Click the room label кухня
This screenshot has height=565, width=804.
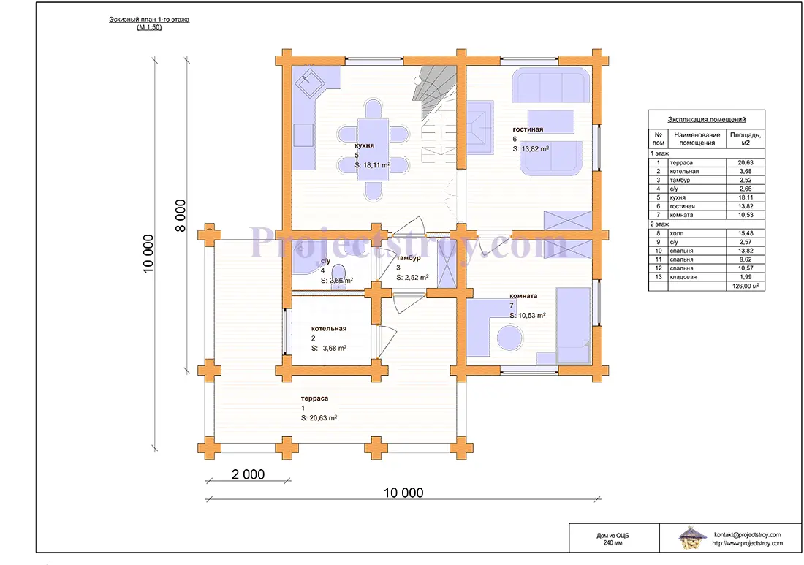point(364,145)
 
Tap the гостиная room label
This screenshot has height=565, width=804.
point(528,129)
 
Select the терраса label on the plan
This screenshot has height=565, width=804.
point(314,398)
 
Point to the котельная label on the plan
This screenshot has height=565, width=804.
point(329,329)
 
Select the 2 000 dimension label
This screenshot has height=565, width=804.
point(249,474)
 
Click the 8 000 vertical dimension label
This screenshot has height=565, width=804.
point(181,216)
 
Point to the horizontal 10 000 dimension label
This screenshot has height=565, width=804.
point(403,493)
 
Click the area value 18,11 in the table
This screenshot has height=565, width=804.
point(745,197)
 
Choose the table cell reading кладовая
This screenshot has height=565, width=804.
point(683,277)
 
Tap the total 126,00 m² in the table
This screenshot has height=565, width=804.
point(746,286)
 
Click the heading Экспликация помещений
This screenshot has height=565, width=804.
point(706,119)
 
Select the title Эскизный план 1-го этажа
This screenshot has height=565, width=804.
point(149,20)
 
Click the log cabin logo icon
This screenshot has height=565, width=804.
point(691,538)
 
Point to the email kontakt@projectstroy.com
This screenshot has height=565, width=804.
point(747,535)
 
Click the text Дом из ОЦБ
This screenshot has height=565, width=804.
point(613,535)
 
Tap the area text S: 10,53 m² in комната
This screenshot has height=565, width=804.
point(528,315)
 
